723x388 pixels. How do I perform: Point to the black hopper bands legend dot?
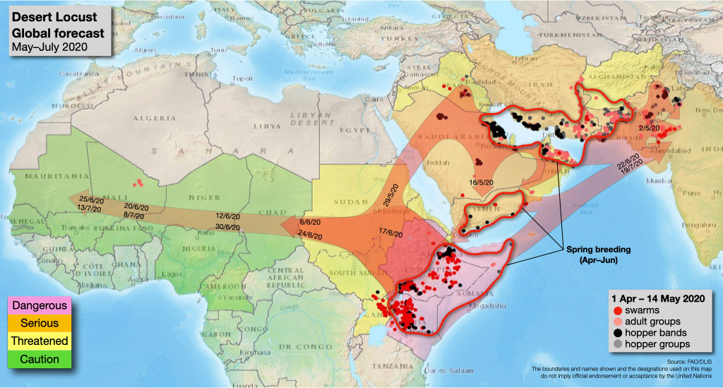617,332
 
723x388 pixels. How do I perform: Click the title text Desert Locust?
49,17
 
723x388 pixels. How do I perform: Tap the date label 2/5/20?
650,128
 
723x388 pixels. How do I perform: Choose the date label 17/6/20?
390,234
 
